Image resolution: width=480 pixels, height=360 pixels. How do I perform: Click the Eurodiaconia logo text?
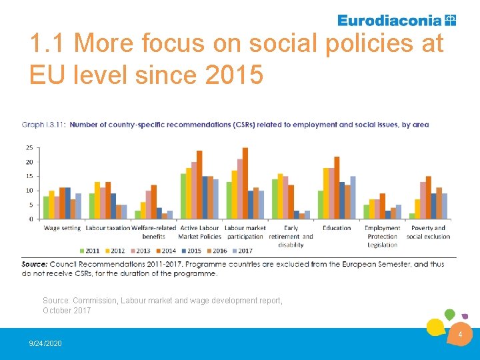click(390, 21)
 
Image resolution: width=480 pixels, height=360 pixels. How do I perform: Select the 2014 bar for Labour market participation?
click(245, 183)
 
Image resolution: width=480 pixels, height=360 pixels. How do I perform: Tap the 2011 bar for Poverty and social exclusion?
click(412, 216)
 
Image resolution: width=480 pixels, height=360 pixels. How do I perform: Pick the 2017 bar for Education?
click(353, 198)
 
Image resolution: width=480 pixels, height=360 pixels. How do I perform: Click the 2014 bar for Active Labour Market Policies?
click(199, 185)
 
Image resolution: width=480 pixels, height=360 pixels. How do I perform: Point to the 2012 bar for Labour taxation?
click(97, 201)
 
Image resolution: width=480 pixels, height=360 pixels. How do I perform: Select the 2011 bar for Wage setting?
click(46, 207)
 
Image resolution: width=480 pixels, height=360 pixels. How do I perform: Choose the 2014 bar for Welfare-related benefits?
click(154, 202)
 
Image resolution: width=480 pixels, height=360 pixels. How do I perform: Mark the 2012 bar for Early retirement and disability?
click(280, 196)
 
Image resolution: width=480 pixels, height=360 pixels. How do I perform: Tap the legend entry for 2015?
click(191, 251)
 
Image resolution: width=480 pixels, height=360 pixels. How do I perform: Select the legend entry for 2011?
click(89, 251)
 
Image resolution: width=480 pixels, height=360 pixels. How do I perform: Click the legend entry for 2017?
click(243, 251)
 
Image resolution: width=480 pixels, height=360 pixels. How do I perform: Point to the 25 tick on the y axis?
click(29, 148)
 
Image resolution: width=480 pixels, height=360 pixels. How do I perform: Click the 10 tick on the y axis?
click(29, 191)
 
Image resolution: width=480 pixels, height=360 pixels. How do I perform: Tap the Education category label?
click(337, 228)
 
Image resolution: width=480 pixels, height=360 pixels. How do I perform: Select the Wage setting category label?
click(62, 228)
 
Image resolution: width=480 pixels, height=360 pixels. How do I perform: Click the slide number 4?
click(460, 335)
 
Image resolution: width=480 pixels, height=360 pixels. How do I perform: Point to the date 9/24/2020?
click(45, 343)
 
